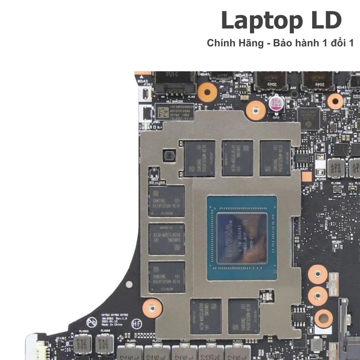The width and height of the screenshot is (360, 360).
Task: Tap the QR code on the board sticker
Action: (163, 113)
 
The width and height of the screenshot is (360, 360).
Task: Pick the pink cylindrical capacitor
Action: (276, 103)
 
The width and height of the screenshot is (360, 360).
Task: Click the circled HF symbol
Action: (136, 323)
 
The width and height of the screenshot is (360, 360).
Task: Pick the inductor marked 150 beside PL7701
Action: (316, 345)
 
